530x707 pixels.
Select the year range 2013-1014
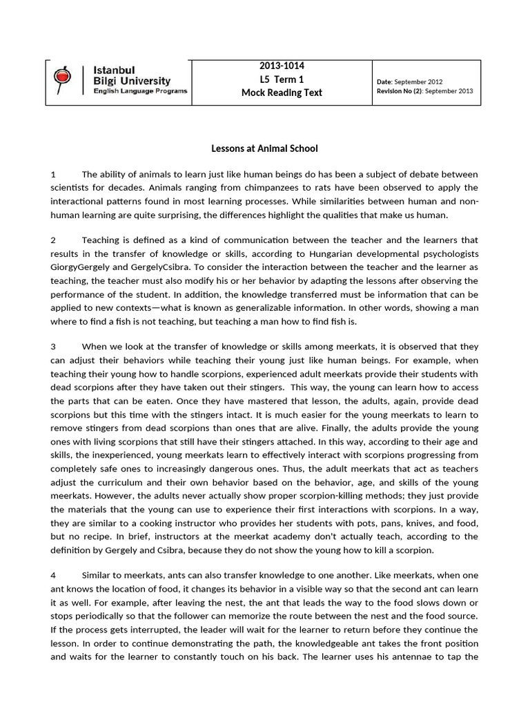point(281,66)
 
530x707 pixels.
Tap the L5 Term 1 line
point(281,79)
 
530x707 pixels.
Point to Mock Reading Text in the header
point(281,93)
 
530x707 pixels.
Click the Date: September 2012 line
point(410,81)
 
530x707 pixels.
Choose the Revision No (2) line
point(424,90)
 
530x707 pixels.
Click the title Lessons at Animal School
point(264,148)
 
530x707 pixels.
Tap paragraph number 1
point(53,174)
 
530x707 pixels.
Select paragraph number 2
point(53,240)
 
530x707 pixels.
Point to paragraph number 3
point(53,347)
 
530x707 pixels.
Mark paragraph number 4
point(53,575)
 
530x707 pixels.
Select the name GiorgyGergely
point(81,267)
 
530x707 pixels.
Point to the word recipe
point(92,536)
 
